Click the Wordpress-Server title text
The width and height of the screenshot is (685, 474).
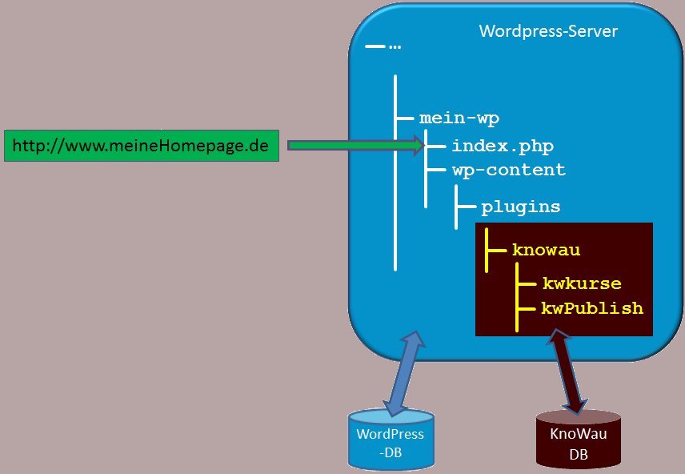548,31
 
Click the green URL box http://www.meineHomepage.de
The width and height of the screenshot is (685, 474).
142,146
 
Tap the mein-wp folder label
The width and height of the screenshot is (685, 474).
459,118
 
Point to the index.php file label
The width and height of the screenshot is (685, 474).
503,147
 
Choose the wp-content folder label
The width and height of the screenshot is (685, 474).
508,170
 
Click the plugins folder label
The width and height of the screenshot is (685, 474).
521,207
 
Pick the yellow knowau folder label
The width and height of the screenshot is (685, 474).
547,250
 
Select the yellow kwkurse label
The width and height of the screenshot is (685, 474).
582,283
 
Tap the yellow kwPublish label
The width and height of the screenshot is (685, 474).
592,308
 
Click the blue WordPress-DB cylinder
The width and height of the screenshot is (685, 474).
391,440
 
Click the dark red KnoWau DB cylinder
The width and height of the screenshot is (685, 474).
579,440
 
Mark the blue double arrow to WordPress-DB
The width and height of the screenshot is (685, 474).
403,373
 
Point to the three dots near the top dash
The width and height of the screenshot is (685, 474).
395,47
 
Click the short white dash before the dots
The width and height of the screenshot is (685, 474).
375,47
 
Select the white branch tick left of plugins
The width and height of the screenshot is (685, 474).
465,207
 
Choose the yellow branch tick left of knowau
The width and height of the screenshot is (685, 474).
497,250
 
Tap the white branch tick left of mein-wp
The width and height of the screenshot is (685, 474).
405,118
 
